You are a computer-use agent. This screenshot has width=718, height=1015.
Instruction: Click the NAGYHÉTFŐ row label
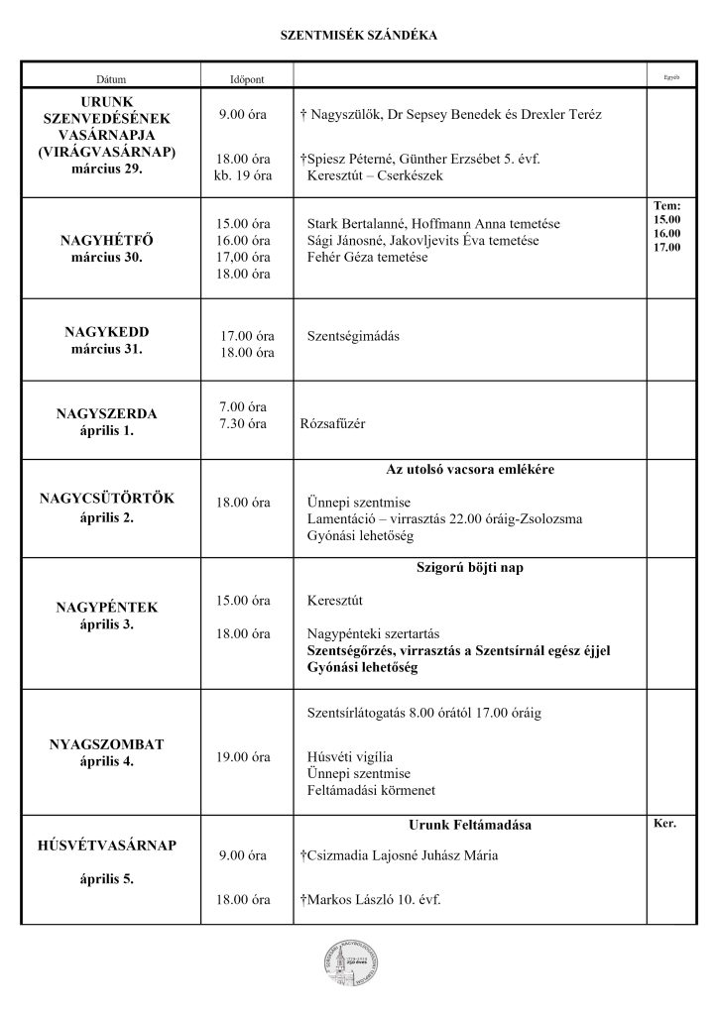[x=111, y=241]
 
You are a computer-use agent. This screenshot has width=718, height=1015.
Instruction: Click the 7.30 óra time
[x=244, y=424]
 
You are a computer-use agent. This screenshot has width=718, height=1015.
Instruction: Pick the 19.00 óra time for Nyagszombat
[x=244, y=757]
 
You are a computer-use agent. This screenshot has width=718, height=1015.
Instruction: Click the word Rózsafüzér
[x=333, y=424]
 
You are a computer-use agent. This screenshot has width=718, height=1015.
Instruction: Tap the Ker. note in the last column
[x=663, y=824]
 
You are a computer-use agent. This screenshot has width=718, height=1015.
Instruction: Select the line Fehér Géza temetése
[x=368, y=258]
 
